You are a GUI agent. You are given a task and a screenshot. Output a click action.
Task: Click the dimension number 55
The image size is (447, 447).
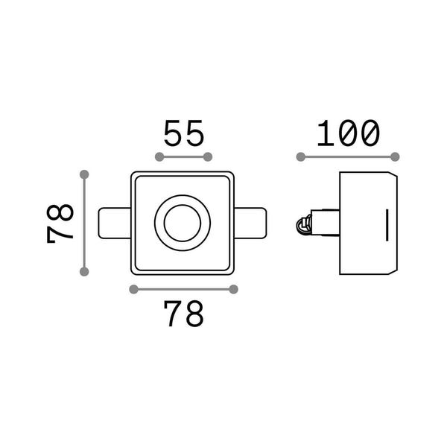[184, 133]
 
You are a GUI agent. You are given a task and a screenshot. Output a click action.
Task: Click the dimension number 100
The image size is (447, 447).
[349, 133]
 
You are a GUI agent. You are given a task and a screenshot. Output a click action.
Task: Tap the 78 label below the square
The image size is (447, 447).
[184, 314]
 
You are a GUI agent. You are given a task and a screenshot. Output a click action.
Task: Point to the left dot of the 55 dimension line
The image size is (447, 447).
[159, 156]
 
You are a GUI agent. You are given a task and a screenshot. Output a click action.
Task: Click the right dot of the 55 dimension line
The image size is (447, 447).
[208, 156]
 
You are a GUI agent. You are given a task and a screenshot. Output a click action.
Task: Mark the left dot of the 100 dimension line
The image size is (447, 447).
[301, 156]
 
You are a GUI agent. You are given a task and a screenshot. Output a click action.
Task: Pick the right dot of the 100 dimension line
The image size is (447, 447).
[395, 156]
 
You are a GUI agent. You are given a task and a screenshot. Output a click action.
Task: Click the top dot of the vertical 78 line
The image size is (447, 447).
[84, 174]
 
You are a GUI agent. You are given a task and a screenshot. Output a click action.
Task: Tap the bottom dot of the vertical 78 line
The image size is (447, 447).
[84, 272]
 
